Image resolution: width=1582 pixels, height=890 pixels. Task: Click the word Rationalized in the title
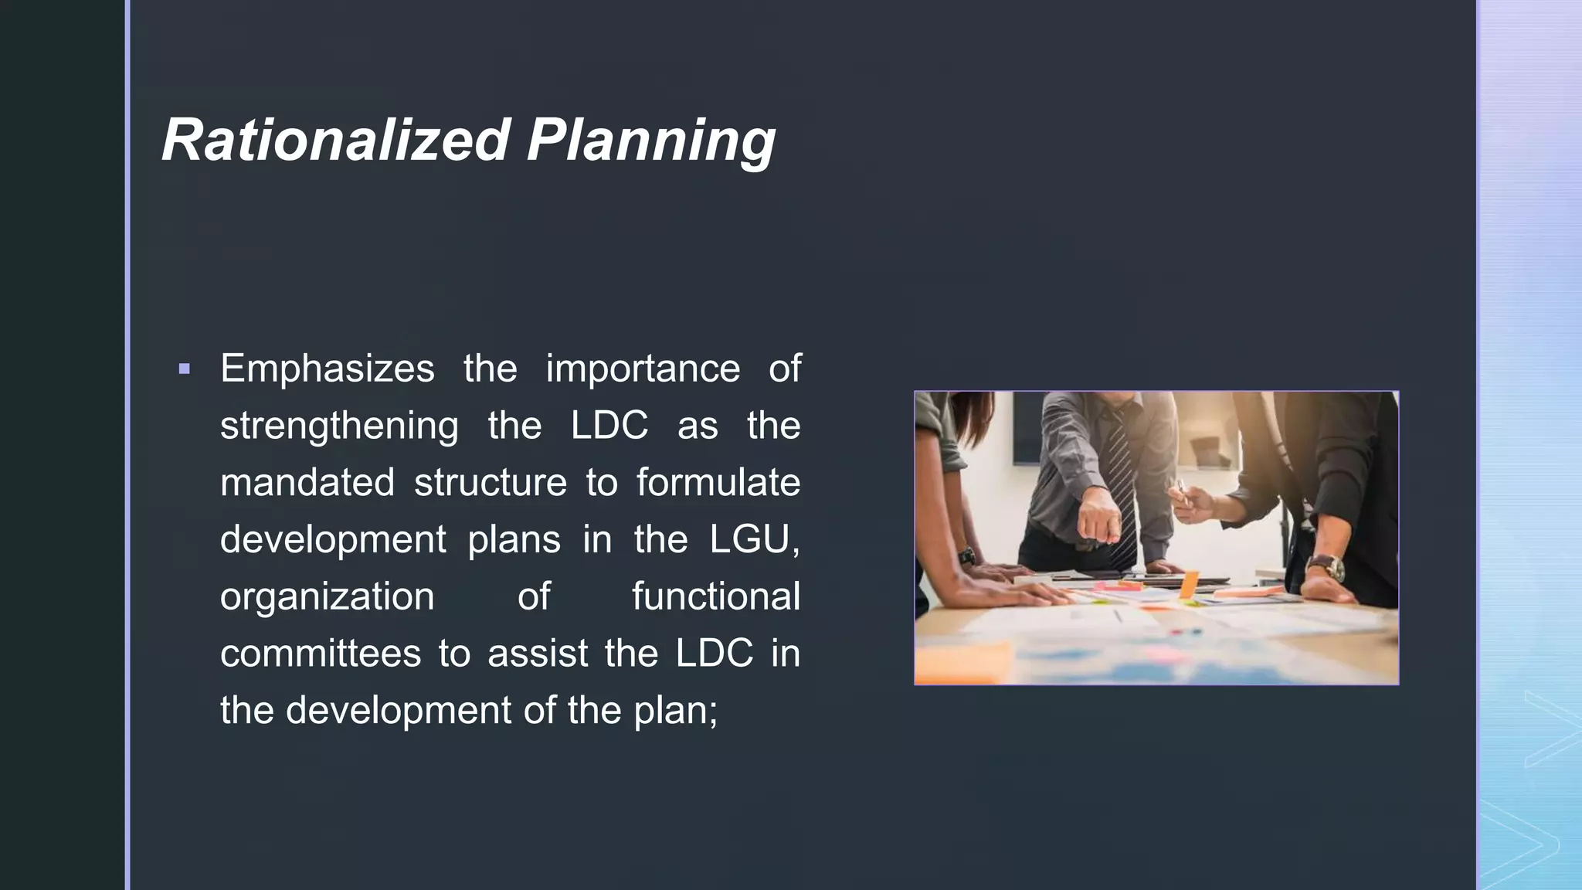tap(336, 141)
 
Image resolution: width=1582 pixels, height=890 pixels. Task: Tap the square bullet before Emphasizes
tap(184, 369)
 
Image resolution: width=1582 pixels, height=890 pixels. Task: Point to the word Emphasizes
tap(327, 369)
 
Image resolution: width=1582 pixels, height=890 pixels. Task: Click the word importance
tap(643, 369)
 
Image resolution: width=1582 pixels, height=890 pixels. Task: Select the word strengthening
tap(339, 426)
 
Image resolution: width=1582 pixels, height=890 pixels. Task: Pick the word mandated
tap(307, 482)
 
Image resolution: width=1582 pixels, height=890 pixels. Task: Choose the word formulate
tap(718, 482)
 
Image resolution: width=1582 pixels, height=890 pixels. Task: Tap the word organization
tap(327, 597)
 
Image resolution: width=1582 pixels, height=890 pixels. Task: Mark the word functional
tap(716, 596)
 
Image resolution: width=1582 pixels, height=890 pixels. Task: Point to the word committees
tap(321, 654)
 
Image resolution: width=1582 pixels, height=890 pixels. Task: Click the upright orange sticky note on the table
tap(1189, 583)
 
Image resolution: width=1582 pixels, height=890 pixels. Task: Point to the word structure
tap(491, 482)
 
